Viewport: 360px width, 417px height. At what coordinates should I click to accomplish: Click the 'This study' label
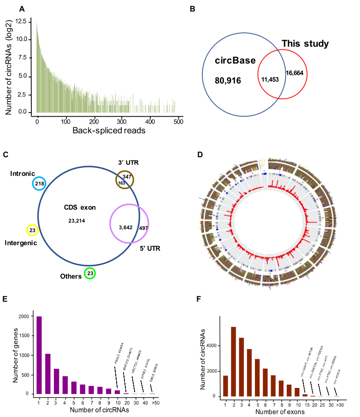[305, 44]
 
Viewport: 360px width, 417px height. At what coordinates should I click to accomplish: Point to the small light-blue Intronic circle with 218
[40, 184]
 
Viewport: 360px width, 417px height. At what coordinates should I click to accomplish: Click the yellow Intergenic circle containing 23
[31, 229]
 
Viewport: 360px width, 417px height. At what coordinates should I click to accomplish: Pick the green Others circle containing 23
[90, 274]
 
